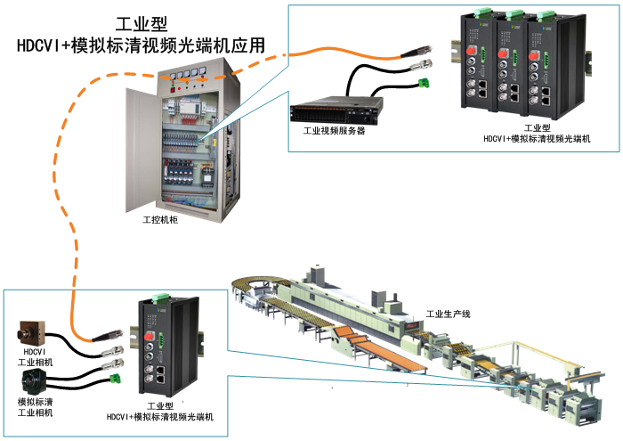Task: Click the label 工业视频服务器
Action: click(333, 130)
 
